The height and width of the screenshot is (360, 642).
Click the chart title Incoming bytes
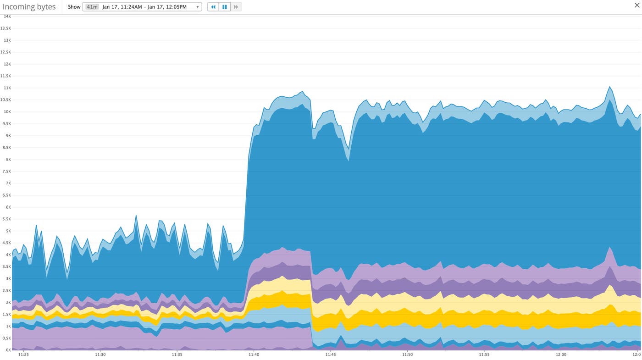pos(29,7)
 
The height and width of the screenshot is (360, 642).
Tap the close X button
pos(637,5)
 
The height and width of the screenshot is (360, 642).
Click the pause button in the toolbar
pos(225,7)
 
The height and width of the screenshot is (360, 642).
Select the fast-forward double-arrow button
pos(236,7)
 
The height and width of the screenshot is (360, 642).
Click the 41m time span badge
pos(92,7)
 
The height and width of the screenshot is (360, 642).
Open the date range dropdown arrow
pos(198,7)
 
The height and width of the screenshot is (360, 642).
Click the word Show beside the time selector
pos(74,7)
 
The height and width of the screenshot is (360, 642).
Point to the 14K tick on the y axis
pos(7,16)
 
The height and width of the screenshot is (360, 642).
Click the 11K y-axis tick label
pos(7,88)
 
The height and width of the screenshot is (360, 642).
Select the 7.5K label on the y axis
pos(6,171)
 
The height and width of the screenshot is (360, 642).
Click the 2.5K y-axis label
pos(6,290)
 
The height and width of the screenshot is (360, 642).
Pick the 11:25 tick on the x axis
pos(23,354)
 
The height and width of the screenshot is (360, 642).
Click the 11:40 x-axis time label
pos(254,354)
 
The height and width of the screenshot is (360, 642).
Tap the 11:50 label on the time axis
pos(407,354)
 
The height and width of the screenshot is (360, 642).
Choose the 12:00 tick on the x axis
pos(561,354)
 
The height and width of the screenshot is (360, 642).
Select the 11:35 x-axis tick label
pos(177,354)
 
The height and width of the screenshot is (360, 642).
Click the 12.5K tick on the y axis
pos(6,52)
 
